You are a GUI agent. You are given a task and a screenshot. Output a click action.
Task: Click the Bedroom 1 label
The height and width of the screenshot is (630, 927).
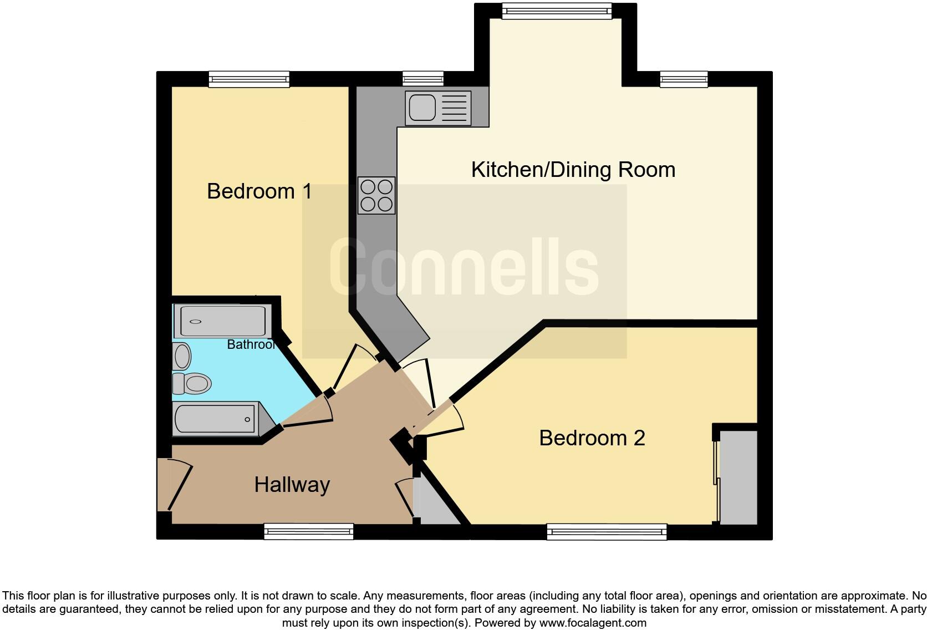[259, 191]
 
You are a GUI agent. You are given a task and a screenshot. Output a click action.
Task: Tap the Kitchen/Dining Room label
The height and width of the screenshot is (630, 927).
[573, 170]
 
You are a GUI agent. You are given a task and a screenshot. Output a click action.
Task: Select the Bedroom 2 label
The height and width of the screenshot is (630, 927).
[592, 438]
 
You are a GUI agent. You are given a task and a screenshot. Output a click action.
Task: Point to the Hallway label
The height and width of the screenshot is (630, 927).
[292, 485]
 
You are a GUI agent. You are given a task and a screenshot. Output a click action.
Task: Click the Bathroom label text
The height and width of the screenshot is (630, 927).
[251, 344]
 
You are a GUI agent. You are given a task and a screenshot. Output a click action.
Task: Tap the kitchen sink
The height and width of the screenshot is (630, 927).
[438, 108]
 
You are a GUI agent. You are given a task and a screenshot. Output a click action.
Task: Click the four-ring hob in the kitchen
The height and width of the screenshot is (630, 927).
[376, 195]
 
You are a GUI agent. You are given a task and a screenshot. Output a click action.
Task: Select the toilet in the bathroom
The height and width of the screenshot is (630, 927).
[191, 383]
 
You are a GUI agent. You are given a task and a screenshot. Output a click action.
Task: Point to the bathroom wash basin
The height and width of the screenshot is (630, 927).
[181, 356]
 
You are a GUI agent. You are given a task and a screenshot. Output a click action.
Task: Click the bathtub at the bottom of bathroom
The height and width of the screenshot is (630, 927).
[217, 419]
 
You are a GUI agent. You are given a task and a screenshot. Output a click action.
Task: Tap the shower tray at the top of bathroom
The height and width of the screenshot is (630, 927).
[222, 321]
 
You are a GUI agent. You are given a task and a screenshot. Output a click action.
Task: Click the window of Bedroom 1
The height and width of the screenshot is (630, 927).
[249, 79]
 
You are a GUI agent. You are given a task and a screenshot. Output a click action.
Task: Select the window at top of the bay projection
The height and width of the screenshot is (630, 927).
[557, 11]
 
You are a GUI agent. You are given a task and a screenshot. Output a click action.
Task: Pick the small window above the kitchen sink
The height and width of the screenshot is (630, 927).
[423, 79]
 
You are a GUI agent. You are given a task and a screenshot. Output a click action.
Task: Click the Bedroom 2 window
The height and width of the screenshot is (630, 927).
[607, 532]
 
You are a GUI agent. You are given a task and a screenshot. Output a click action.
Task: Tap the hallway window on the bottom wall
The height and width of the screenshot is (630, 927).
[309, 532]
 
